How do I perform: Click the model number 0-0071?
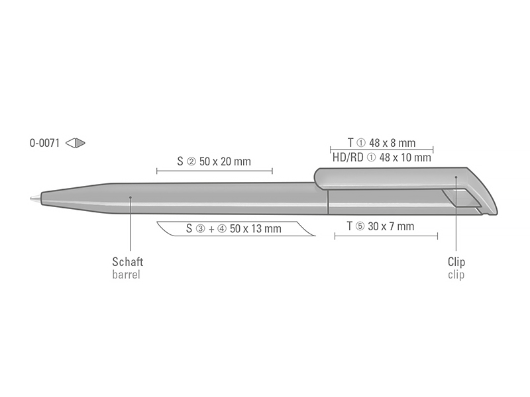[44, 143]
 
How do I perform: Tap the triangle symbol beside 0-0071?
[75, 143]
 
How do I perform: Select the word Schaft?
[128, 261]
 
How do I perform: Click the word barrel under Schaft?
[126, 275]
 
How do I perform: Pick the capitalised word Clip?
[456, 262]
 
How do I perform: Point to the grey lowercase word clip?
[456, 275]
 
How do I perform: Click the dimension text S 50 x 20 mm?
[214, 161]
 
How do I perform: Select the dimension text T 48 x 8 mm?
[382, 143]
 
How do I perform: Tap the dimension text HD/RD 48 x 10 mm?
[382, 157]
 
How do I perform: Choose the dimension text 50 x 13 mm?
[256, 228]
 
